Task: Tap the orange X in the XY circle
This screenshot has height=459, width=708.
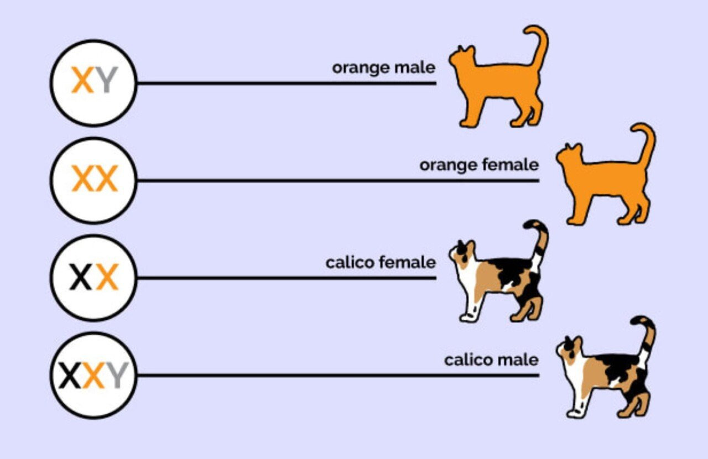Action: (83, 80)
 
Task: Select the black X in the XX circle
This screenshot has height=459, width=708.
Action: (81, 277)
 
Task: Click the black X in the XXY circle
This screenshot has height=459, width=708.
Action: (70, 375)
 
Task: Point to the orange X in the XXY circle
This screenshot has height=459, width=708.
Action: (93, 375)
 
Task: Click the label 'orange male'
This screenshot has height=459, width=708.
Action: (384, 68)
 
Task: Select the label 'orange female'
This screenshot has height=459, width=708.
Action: (479, 165)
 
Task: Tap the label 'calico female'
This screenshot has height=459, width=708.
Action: (381, 262)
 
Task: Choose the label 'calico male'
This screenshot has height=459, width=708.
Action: (491, 360)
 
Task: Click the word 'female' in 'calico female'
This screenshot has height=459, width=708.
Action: (408, 262)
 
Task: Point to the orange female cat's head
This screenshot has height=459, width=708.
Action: (568, 155)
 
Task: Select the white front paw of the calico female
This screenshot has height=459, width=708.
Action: (467, 316)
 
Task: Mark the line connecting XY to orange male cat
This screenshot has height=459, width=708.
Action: (287, 84)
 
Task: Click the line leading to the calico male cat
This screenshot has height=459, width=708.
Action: (338, 375)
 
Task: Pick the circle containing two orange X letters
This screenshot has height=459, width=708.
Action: (94, 180)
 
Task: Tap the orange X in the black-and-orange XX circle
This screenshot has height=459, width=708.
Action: (107, 277)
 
